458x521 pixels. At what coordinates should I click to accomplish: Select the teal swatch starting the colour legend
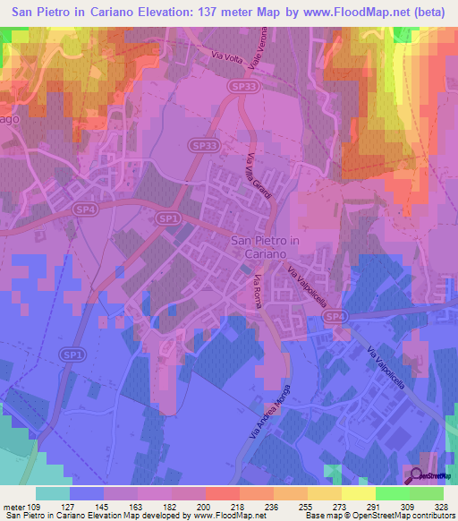click(x=53, y=492)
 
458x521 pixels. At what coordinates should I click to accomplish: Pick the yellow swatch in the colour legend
click(x=357, y=492)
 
